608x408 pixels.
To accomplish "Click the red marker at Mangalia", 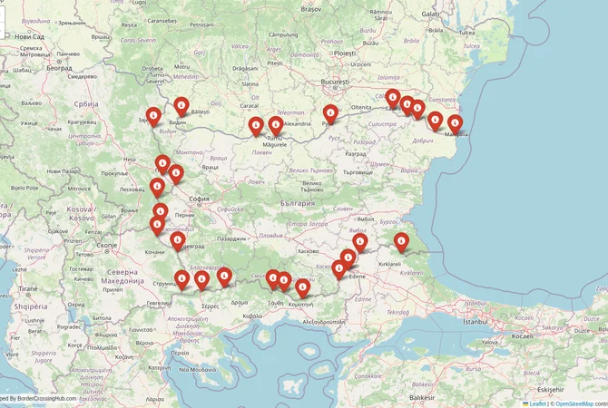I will pos(455,124).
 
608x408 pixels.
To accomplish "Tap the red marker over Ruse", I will pos(330,113).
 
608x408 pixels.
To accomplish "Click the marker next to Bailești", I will pos(181,106).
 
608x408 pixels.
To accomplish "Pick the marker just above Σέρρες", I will pos(224,277).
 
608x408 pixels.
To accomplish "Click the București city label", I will pos(335,82).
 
